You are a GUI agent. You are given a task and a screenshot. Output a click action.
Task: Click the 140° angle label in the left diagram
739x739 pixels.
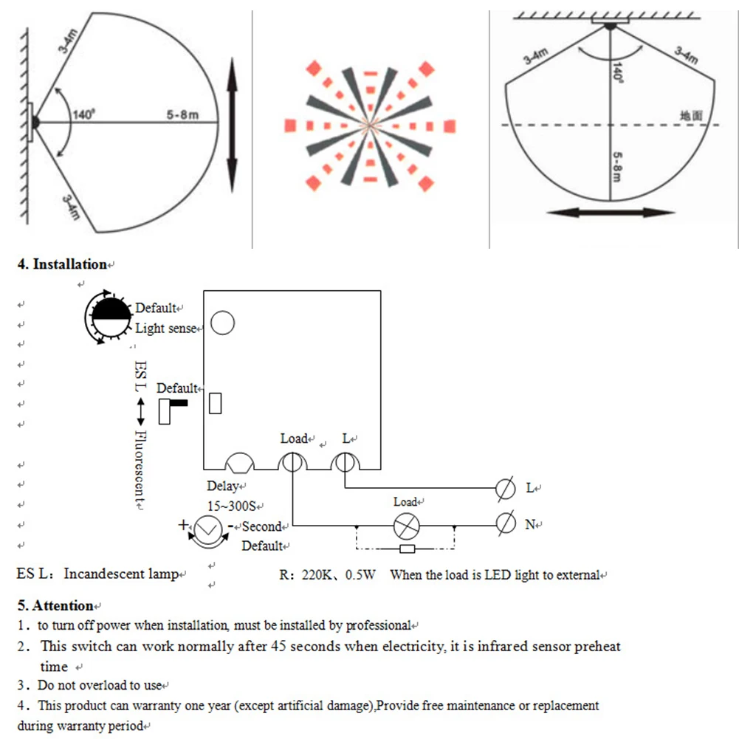pyautogui.click(x=84, y=115)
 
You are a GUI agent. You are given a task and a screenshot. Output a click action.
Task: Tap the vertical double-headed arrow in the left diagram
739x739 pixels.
pyautogui.click(x=232, y=126)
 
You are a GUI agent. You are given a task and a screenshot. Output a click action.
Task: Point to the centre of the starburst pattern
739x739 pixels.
pyautogui.click(x=367, y=124)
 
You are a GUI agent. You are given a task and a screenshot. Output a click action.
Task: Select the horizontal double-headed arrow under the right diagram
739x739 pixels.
pyautogui.click(x=611, y=212)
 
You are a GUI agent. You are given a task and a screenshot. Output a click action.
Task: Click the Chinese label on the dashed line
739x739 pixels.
pyautogui.click(x=692, y=116)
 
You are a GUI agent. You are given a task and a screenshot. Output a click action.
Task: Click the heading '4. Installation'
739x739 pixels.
pyautogui.click(x=62, y=264)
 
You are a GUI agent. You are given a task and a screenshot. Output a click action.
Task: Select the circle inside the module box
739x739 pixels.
pyautogui.click(x=223, y=323)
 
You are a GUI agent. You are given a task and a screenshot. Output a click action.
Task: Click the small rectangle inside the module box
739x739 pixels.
pyautogui.click(x=216, y=403)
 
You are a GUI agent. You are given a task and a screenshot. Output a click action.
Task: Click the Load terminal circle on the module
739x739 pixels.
pyautogui.click(x=292, y=463)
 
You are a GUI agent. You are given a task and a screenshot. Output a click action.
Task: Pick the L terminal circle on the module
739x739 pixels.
pyautogui.click(x=345, y=463)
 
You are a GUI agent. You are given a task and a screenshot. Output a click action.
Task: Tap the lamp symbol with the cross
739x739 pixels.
pyautogui.click(x=405, y=525)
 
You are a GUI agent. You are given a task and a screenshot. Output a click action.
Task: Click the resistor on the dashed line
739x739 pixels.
pyautogui.click(x=406, y=549)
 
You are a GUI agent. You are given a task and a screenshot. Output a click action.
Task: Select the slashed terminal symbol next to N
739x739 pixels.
pyautogui.click(x=506, y=524)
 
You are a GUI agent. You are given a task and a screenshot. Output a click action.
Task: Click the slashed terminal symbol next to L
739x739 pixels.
pyautogui.click(x=506, y=488)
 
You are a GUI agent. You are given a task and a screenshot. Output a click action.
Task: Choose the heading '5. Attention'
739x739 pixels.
pyautogui.click(x=56, y=606)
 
